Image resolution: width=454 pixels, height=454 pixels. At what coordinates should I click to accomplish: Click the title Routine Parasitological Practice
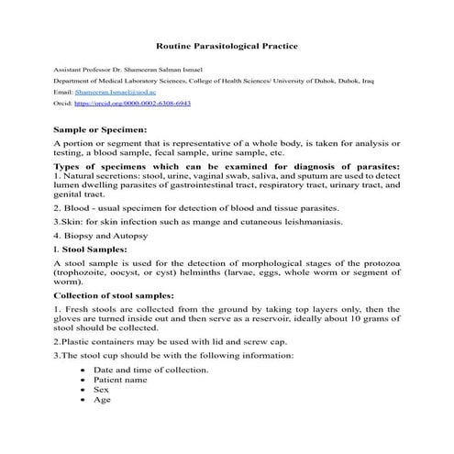click(227, 44)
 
